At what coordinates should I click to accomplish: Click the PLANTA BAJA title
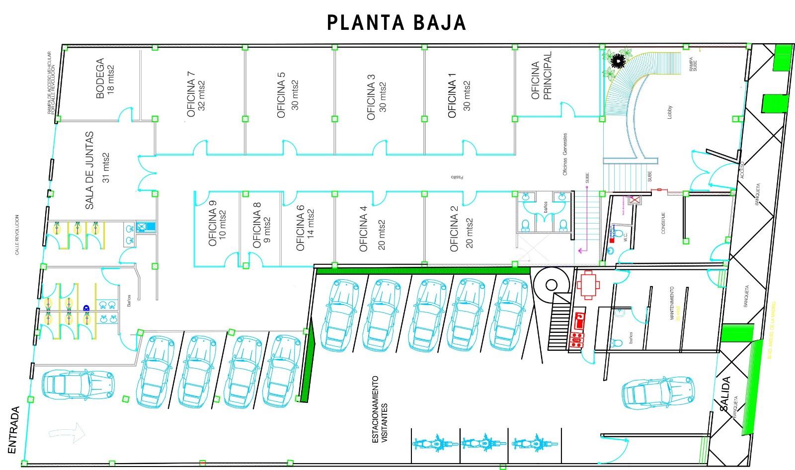pos(396,23)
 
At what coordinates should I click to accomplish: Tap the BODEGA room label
pos(105,78)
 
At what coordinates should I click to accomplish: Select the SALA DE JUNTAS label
pos(97,170)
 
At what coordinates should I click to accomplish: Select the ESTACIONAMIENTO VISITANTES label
pos(380,409)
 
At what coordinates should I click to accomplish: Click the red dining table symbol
pos(588,285)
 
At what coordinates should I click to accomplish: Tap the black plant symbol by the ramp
pos(618,61)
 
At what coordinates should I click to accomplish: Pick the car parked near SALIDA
pos(658,392)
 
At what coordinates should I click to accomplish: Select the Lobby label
pos(669,112)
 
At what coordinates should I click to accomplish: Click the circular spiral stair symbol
pos(552,285)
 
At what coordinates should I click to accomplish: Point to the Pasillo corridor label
pos(457,177)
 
